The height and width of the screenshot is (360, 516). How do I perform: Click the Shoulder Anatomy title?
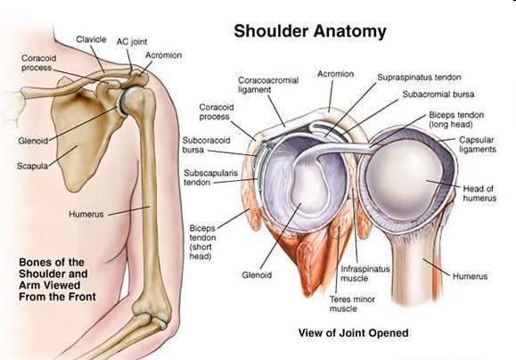point(310,31)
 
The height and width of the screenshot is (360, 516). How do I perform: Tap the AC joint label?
point(132,42)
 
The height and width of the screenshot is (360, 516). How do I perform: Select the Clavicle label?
point(91,39)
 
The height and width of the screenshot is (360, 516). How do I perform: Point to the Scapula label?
point(32,166)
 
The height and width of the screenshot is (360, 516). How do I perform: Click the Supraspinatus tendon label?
point(419,78)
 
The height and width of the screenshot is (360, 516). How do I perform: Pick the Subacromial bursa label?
point(438,94)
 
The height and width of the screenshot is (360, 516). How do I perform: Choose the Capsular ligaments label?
point(478,144)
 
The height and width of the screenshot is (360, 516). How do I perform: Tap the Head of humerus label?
point(479,193)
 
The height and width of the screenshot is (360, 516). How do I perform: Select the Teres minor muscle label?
point(352,304)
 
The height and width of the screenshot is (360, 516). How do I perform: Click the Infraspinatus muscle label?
point(365,274)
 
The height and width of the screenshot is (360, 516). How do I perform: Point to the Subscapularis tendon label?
point(210,177)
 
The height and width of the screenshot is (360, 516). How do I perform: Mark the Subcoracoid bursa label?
point(207,145)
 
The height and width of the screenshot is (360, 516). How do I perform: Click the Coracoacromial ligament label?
point(268,85)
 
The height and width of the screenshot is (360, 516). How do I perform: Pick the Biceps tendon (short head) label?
point(202,242)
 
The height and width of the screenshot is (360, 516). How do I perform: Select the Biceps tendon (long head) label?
point(456,119)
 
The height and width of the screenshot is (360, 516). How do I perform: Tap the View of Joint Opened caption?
point(353,332)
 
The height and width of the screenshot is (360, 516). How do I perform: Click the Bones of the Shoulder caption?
point(57,280)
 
